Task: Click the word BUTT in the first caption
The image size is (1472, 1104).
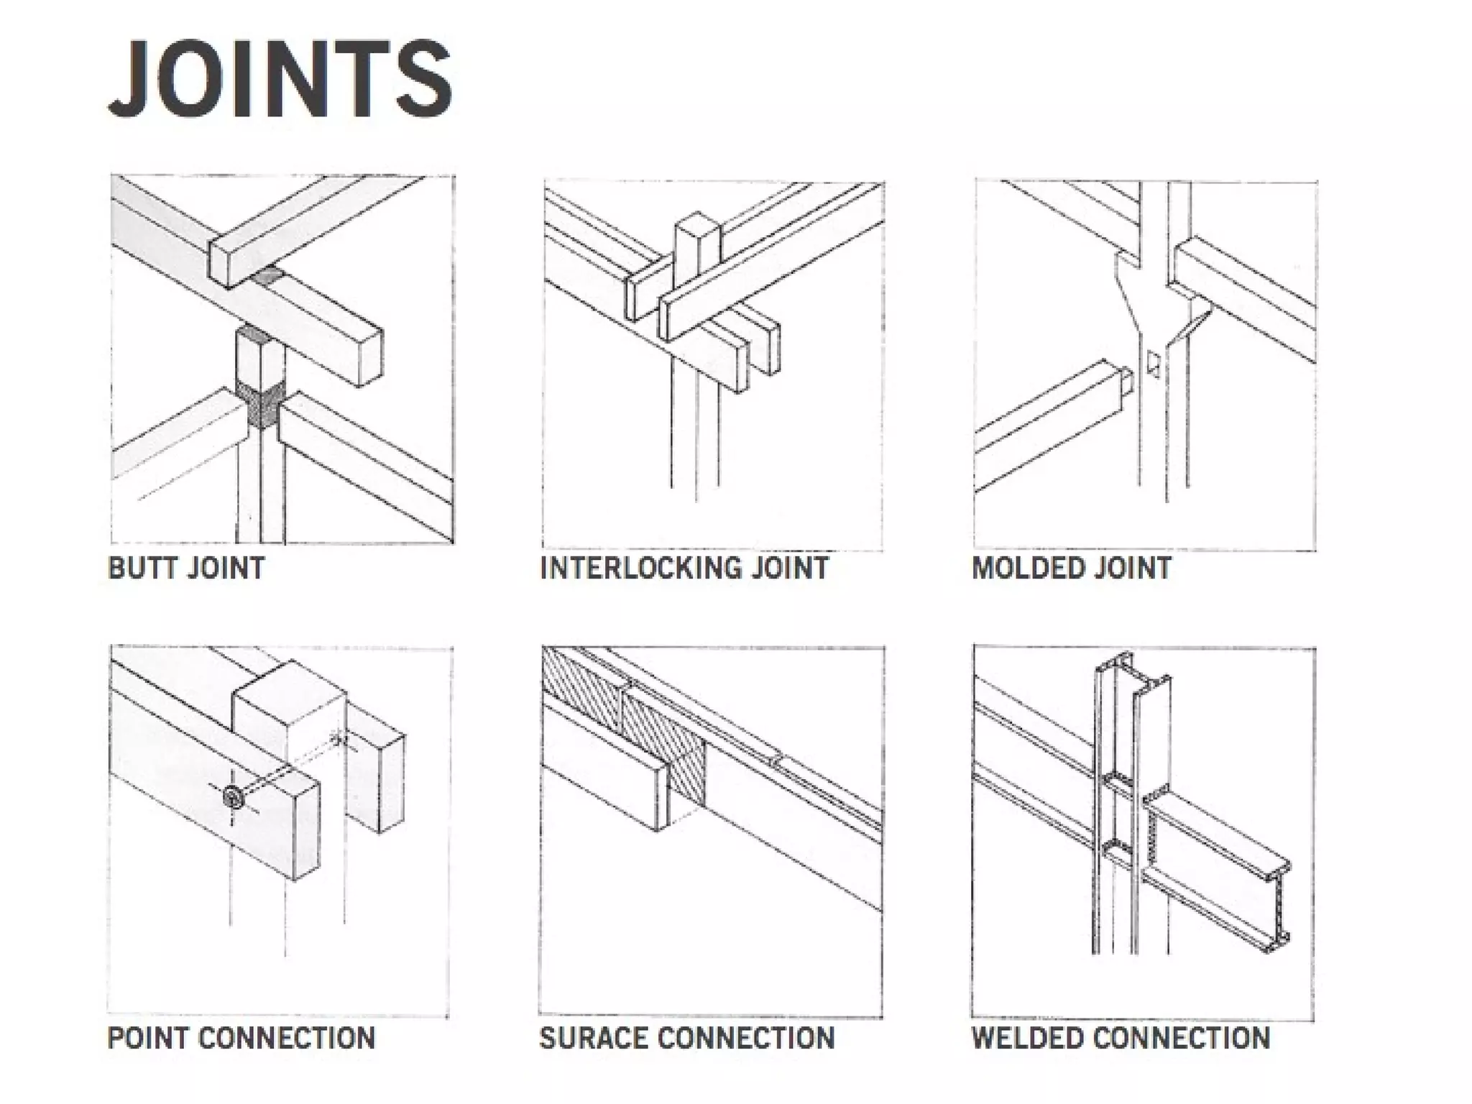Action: pyautogui.click(x=142, y=568)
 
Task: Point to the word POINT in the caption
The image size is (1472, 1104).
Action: pyautogui.click(x=147, y=1038)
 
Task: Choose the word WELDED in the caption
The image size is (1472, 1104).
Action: pyautogui.click(x=1027, y=1038)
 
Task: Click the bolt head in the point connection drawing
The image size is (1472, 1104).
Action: pyautogui.click(x=232, y=796)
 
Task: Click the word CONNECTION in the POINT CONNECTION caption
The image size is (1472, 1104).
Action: pyautogui.click(x=287, y=1038)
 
